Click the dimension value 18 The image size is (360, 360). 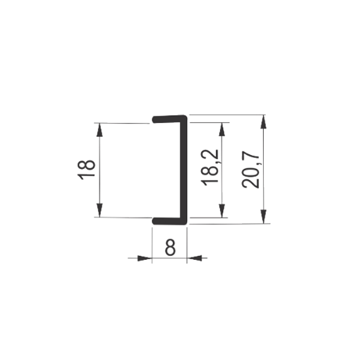[x=86, y=170]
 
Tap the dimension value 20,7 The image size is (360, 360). [x=251, y=170]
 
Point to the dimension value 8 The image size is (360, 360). [x=170, y=247]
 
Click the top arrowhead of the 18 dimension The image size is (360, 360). [x=99, y=130]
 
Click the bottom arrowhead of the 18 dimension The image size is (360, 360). [x=99, y=210]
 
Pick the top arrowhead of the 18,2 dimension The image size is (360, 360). [x=221, y=130]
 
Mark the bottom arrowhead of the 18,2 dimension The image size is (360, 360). [x=221, y=211]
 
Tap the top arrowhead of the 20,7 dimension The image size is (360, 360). [x=264, y=122]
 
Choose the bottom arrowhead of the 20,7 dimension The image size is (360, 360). [x=264, y=216]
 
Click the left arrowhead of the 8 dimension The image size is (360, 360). [x=145, y=258]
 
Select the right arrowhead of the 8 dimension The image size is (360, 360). [x=194, y=258]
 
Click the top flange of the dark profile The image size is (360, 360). [x=170, y=119]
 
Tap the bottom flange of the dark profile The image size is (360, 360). [x=170, y=221]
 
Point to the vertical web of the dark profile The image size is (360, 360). [x=183, y=170]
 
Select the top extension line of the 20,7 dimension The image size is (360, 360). [x=227, y=115]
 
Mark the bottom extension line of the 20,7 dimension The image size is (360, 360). [x=230, y=224]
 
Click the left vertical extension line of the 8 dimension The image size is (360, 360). [x=152, y=245]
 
